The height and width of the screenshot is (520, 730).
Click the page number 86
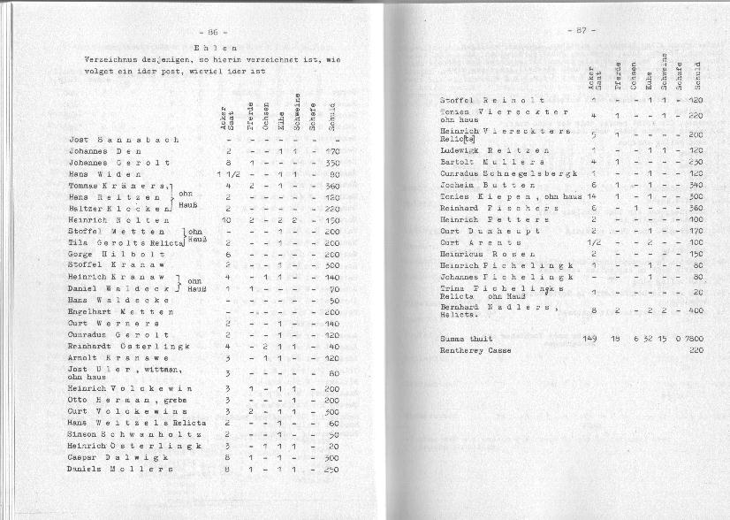point(211,31)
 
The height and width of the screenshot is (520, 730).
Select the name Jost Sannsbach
point(123,140)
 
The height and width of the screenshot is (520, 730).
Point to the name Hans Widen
point(103,174)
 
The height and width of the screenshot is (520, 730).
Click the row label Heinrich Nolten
point(118,220)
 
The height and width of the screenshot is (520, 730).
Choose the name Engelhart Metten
point(120,312)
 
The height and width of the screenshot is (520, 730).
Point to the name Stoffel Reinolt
point(492,102)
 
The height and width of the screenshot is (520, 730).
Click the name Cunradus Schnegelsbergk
point(508,173)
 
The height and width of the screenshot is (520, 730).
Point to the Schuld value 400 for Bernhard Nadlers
point(695,310)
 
